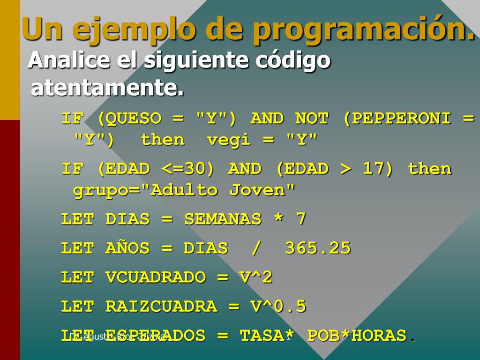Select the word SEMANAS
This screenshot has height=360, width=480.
pos(223,219)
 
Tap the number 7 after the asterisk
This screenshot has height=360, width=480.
pos(300,219)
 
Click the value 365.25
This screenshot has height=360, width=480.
pos(318,248)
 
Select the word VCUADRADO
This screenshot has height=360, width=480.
pos(156,277)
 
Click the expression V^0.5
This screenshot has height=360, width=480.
pos(278,307)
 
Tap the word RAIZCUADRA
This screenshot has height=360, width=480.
pos(161,307)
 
